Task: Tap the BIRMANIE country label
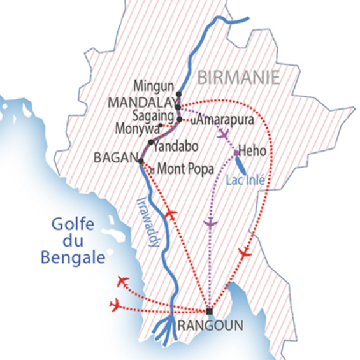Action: tap(239, 78)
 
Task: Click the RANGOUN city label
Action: tap(211, 326)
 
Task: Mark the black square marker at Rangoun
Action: tap(209, 311)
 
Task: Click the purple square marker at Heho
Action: tap(237, 153)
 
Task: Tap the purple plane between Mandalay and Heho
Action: tap(222, 134)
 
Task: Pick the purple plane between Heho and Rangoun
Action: tap(210, 223)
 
